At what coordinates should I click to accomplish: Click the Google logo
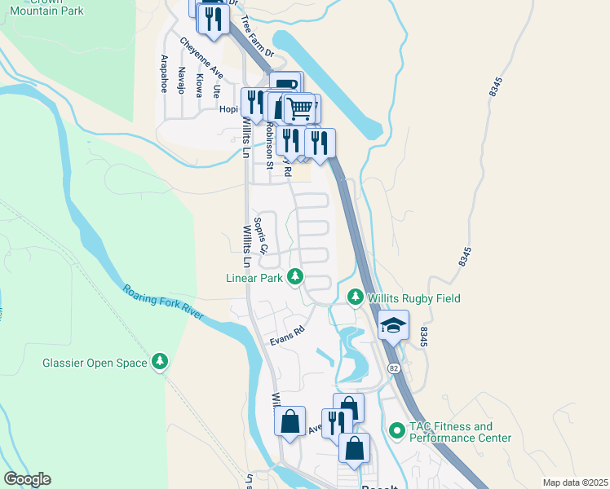pyautogui.click(x=27, y=479)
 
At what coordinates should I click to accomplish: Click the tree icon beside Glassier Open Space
pyautogui.click(x=161, y=362)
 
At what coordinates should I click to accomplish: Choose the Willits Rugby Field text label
pyautogui.click(x=413, y=298)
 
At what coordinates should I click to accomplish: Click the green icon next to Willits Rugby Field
pyautogui.click(x=355, y=297)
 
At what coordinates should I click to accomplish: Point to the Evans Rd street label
pyautogui.click(x=287, y=336)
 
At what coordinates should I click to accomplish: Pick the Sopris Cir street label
pyautogui.click(x=260, y=236)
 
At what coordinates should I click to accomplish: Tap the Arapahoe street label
pyautogui.click(x=164, y=73)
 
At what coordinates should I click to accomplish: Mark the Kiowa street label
pyautogui.click(x=200, y=85)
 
